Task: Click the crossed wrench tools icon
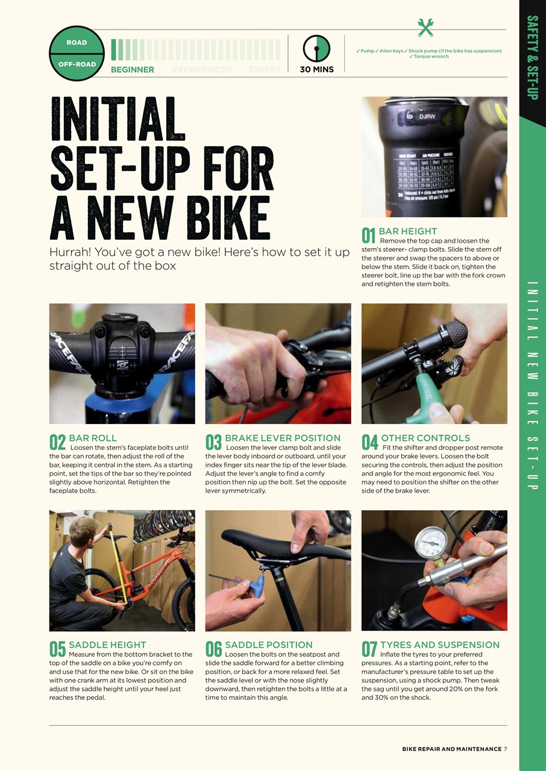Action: pyautogui.click(x=425, y=28)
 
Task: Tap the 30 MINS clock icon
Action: pyautogui.click(x=316, y=48)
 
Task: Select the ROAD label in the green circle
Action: pyautogui.click(x=77, y=43)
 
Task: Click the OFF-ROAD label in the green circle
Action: pyautogui.click(x=77, y=64)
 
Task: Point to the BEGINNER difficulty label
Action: pyautogui.click(x=133, y=70)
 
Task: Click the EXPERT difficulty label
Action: pyautogui.click(x=265, y=70)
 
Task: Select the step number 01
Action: pyautogui.click(x=369, y=236)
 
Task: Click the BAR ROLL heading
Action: pyautogui.click(x=93, y=438)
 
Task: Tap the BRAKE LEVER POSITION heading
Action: pyautogui.click(x=282, y=438)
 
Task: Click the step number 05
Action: pyautogui.click(x=57, y=649)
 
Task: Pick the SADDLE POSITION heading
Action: pyautogui.click(x=268, y=645)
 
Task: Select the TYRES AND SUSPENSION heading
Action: pyautogui.click(x=439, y=645)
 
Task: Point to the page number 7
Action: pyautogui.click(x=506, y=749)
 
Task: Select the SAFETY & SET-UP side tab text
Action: pyautogui.click(x=532, y=57)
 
